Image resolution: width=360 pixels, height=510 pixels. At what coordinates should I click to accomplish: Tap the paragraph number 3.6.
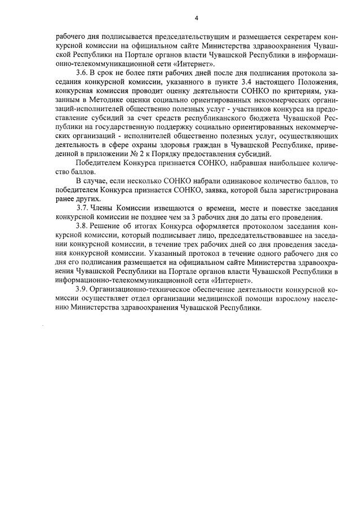tap(81, 73)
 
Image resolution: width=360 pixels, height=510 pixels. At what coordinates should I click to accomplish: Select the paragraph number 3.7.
tap(82, 209)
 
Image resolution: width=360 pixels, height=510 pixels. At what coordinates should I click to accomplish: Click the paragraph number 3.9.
tap(81, 288)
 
